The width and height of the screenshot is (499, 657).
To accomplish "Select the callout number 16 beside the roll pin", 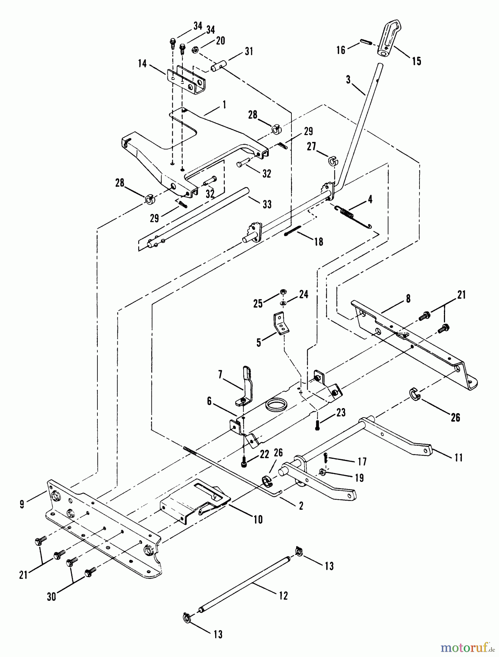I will [x=340, y=50].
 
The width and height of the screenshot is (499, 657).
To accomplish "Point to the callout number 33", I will [x=267, y=204].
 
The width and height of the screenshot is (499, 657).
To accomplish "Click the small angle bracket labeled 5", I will [x=281, y=323].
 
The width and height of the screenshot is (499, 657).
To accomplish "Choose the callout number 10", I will [x=258, y=519].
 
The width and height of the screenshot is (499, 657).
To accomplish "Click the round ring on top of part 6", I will [x=276, y=404].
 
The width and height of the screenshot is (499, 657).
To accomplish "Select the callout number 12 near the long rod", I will [x=283, y=596].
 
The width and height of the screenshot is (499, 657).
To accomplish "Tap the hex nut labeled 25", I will [x=283, y=291].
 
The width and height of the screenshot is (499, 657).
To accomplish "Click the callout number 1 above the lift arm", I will [x=224, y=105].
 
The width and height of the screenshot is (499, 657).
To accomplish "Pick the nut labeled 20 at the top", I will [x=195, y=49].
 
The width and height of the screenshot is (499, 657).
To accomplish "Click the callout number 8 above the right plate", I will [x=408, y=299].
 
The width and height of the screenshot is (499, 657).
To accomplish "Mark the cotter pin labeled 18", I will [x=292, y=231].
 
